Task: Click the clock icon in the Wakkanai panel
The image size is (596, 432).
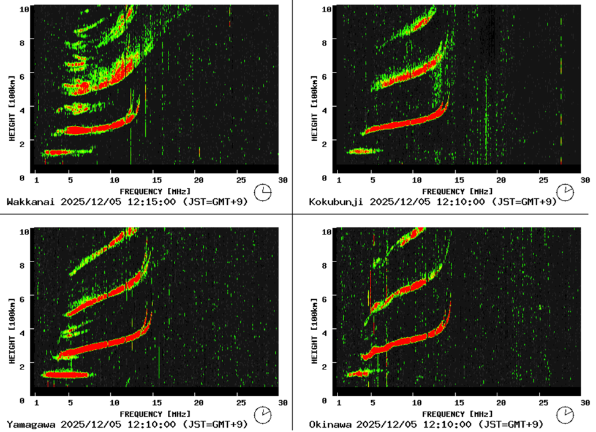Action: [x=263, y=192]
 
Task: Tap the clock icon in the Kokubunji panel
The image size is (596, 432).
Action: [x=565, y=192]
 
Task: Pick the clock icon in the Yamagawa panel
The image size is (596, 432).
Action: [x=263, y=414]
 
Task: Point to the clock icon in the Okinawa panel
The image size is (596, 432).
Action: [x=565, y=414]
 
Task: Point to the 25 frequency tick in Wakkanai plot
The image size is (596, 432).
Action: [x=240, y=180]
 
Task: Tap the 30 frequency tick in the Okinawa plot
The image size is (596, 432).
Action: [x=584, y=403]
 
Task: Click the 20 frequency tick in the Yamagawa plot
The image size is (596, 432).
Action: [x=198, y=403]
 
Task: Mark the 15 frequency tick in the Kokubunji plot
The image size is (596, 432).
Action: [x=459, y=180]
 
